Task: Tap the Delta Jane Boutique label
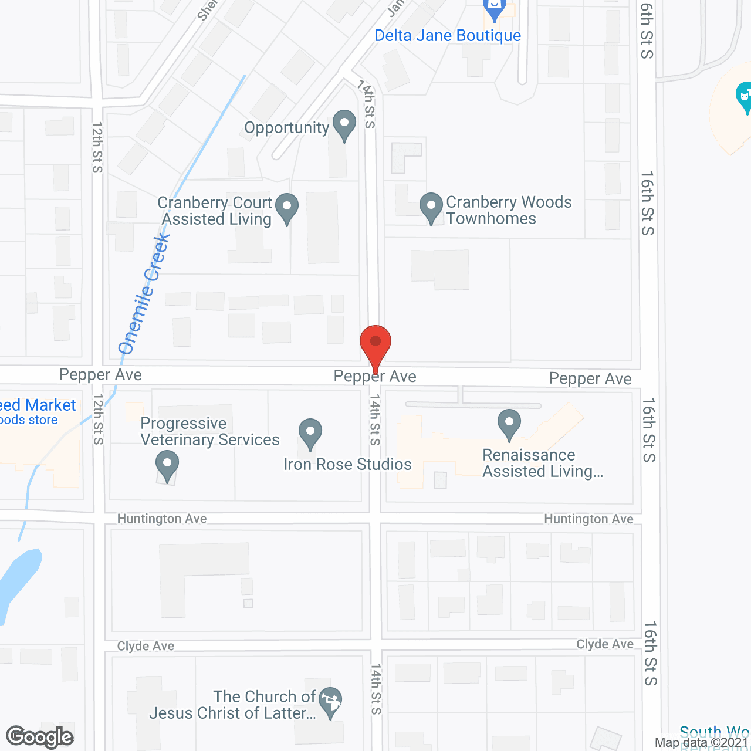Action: coord(448,36)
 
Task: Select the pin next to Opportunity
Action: coord(344,125)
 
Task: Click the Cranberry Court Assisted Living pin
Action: coord(287,208)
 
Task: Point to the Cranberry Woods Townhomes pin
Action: coord(431,208)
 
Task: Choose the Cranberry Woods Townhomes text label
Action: coord(508,210)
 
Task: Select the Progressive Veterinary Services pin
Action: coord(167,465)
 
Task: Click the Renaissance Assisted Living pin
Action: coord(509,424)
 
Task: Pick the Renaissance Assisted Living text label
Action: coord(542,464)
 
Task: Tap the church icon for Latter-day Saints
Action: coord(331,702)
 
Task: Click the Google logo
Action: coord(40,737)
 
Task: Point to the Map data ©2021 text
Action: coord(702,743)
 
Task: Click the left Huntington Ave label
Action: coord(162,519)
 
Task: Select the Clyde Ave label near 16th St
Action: coord(605,644)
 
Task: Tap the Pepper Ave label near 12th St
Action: coord(100,375)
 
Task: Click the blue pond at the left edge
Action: coord(18,581)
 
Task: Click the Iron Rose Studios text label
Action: coord(347,465)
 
